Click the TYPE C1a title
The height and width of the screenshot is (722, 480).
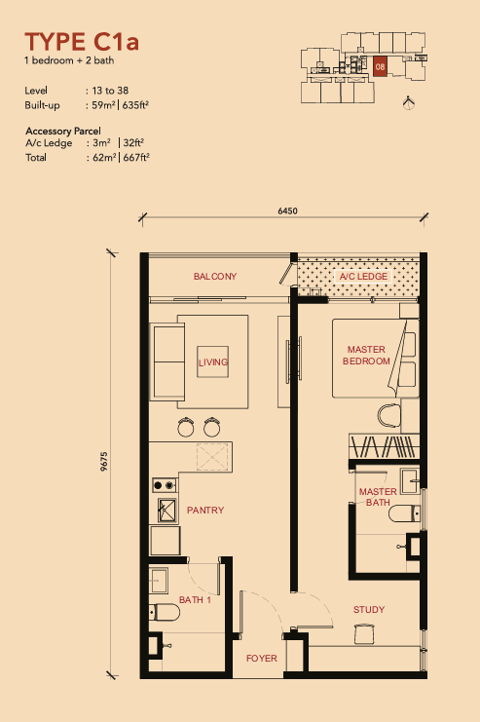[x=82, y=42]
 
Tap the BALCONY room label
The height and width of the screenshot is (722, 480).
[x=215, y=277]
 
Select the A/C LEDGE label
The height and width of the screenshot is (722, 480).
[x=363, y=277]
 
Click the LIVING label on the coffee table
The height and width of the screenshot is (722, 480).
[x=213, y=362]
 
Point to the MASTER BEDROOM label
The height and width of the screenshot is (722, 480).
[x=366, y=356]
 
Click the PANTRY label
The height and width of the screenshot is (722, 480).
[x=205, y=511]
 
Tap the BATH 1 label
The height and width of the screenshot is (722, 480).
[x=195, y=600]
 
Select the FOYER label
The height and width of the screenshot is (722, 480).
[x=261, y=659]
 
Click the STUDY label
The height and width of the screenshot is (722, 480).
[x=369, y=610]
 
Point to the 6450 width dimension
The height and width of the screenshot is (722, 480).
[x=287, y=210]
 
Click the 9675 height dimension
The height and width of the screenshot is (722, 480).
[x=104, y=462]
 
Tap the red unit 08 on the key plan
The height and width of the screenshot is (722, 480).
[x=380, y=67]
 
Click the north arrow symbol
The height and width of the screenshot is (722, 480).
[x=408, y=102]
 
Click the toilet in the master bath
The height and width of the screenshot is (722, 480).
[x=405, y=513]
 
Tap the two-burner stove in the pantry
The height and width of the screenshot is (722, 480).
[x=165, y=485]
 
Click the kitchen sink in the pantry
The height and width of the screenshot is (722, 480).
[x=167, y=511]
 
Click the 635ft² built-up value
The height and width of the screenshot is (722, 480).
[x=135, y=105]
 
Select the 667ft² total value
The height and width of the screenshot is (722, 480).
[x=136, y=158]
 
